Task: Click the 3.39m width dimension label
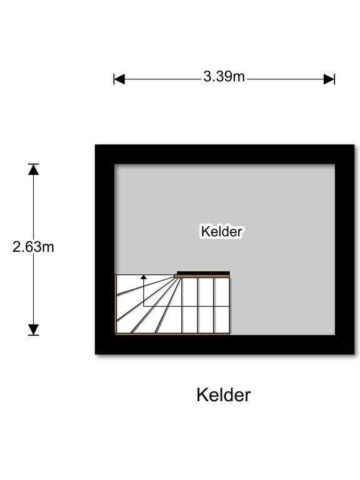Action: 224,76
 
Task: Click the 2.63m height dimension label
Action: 33,247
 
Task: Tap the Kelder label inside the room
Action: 222,231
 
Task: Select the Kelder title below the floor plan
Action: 224,395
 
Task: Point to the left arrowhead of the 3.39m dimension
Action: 119,79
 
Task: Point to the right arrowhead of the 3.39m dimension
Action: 329,79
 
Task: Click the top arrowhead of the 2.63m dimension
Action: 33,169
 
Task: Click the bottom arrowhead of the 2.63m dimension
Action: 33,329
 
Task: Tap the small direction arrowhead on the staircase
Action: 144,277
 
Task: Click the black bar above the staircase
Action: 203,272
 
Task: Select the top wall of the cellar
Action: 225,154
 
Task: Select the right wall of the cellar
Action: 345,249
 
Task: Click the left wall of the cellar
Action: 105,249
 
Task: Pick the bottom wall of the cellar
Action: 225,345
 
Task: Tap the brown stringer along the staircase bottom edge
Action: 172,334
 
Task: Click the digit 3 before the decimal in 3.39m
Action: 207,76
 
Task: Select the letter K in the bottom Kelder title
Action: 202,395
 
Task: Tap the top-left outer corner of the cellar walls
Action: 95,144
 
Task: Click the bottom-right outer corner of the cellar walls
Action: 354,354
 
